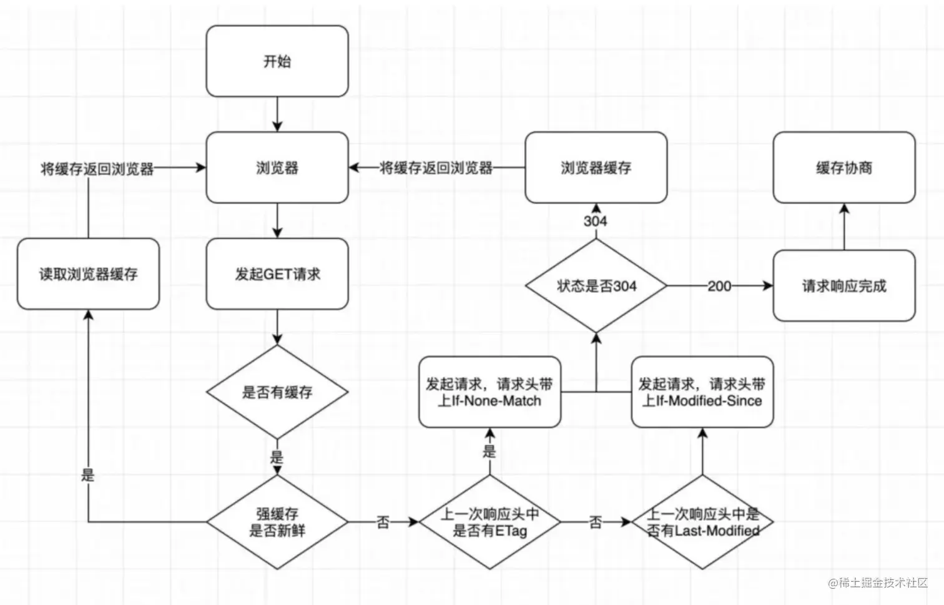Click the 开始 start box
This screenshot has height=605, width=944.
click(277, 61)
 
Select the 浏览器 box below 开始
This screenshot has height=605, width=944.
click(277, 167)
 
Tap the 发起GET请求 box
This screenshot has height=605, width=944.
click(277, 273)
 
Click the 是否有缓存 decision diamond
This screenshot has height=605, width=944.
click(277, 392)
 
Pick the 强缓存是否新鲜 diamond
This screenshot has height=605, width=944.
click(277, 522)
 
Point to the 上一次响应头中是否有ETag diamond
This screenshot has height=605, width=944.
click(489, 522)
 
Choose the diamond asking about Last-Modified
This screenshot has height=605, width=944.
click(702, 522)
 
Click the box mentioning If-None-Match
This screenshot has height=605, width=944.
click(489, 392)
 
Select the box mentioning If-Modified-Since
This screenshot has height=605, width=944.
click(702, 392)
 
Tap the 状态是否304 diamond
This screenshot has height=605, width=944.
click(596, 286)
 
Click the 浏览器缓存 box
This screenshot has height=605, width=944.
click(596, 167)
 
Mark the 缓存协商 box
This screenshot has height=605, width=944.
click(844, 167)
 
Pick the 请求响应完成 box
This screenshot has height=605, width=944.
click(844, 286)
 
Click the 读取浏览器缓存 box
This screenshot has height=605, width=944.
click(88, 273)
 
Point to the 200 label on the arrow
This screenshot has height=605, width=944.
click(719, 286)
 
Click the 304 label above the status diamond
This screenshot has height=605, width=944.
click(596, 221)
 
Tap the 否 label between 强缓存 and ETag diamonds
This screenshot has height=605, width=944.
click(383, 522)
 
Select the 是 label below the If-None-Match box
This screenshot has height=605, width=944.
click(489, 451)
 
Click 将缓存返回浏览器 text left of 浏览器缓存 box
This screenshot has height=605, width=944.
click(436, 167)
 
